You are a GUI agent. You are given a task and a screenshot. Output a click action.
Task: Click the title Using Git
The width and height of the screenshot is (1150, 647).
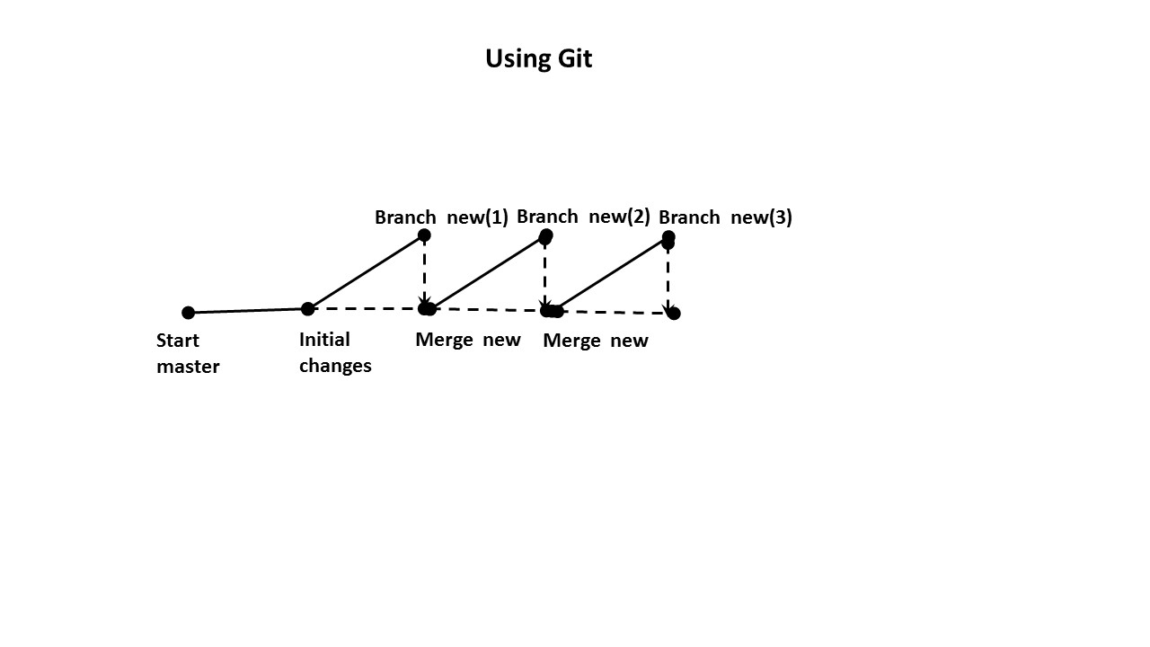(538, 58)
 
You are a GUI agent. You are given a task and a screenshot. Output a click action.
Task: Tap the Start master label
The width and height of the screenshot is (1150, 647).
(188, 353)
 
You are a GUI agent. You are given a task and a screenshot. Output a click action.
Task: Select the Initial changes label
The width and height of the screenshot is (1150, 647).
(334, 352)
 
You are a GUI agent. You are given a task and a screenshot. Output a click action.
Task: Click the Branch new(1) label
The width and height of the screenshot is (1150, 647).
(441, 217)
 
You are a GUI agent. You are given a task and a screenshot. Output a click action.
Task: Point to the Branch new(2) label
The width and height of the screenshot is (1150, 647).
(583, 217)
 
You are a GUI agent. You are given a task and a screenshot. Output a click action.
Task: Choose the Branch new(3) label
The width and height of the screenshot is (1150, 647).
(725, 217)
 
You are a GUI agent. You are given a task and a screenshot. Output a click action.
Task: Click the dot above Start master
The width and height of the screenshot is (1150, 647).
(188, 313)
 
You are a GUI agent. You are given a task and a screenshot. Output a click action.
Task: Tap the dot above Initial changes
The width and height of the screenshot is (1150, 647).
(308, 309)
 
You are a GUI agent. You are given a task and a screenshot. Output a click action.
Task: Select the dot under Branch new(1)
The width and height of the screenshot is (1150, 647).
(424, 235)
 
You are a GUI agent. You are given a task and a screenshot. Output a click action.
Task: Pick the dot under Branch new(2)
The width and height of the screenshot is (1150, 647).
(545, 236)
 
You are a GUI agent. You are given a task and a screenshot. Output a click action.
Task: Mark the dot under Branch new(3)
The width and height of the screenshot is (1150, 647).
(668, 239)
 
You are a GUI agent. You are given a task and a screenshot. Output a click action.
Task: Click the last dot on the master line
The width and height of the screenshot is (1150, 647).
(674, 313)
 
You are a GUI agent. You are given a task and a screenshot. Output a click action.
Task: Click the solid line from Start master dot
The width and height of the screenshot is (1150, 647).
(248, 311)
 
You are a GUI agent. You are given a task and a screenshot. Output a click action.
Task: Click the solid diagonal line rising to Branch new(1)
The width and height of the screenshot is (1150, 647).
(366, 272)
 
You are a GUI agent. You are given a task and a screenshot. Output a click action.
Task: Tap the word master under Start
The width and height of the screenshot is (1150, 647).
(188, 367)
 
